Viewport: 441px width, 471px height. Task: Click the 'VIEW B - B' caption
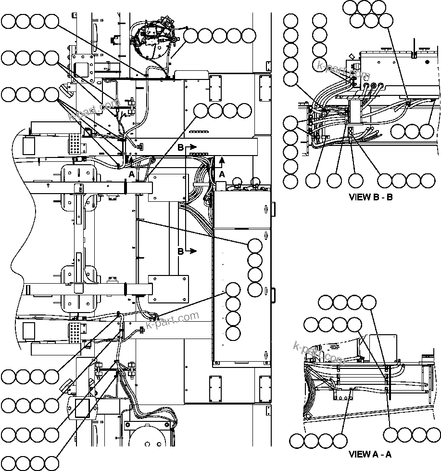(x=370, y=196)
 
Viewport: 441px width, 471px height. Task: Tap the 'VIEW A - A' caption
(x=370, y=454)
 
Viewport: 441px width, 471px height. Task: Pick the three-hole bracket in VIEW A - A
(x=343, y=394)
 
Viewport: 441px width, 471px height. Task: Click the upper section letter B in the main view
(x=181, y=147)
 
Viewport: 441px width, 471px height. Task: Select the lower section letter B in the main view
(x=181, y=251)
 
